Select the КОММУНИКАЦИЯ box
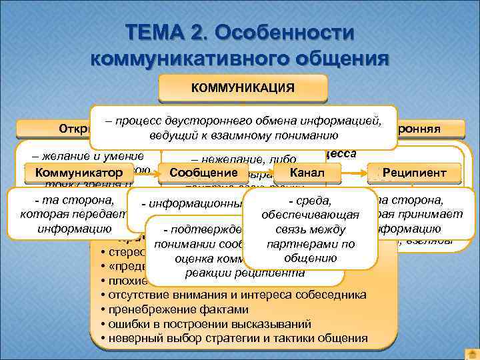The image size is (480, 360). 243,87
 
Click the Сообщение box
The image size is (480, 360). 204,173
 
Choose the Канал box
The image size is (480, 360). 307,173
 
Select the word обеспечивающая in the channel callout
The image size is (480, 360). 311,215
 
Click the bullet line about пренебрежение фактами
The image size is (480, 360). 173,309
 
